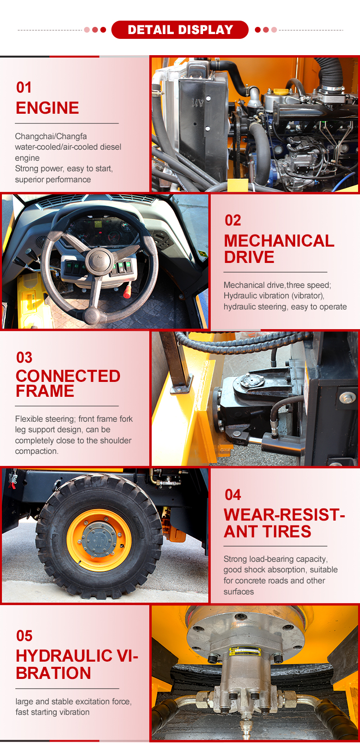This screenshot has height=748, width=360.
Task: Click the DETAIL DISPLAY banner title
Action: [180, 30]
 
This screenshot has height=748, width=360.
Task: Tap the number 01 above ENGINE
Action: [24, 87]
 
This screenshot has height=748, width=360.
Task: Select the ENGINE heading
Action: [48, 108]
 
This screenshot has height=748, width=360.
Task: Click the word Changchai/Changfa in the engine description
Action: [51, 136]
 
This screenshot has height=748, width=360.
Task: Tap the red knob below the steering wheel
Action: [127, 292]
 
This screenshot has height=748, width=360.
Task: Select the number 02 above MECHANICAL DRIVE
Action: [233, 220]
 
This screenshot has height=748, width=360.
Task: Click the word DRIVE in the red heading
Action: [249, 257]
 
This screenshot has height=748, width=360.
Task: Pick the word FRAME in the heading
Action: [45, 391]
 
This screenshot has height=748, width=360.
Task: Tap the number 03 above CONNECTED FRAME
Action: [24, 357]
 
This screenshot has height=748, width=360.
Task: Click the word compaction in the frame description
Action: [37, 451]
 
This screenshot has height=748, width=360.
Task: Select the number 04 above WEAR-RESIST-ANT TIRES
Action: [233, 495]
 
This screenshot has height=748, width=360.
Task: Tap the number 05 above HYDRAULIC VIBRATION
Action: [24, 636]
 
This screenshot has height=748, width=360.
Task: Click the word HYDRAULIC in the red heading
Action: [64, 656]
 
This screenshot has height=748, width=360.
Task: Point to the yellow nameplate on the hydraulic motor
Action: [245, 651]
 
